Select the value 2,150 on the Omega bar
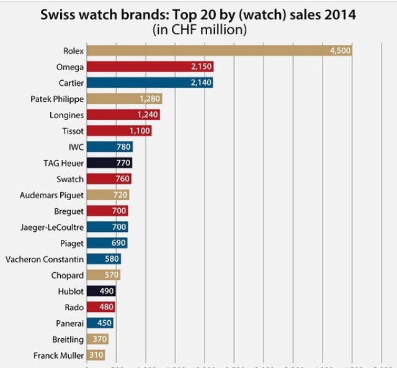coord(200,67)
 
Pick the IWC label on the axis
coord(76,147)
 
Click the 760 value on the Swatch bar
coord(123,180)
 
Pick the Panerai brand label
coord(68,323)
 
